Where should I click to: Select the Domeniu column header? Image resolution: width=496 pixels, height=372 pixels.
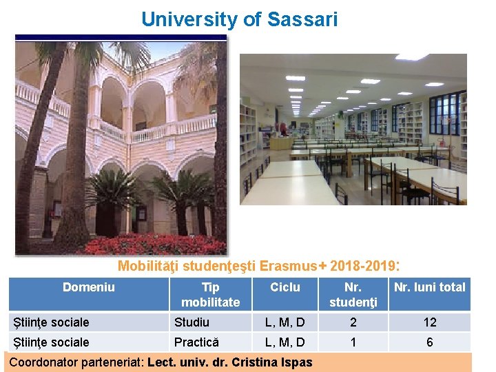[88, 287]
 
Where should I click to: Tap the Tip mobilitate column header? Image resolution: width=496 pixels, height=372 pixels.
[210, 294]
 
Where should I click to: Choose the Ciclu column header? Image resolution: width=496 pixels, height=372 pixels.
[285, 287]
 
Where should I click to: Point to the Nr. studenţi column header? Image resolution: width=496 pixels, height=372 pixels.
[353, 294]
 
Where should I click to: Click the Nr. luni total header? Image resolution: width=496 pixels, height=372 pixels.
[429, 287]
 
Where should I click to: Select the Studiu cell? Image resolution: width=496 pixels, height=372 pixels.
[192, 322]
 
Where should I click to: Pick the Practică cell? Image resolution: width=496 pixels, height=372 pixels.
[196, 342]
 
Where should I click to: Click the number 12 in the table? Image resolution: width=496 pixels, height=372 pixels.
[429, 322]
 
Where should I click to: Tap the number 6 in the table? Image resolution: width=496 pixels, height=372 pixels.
[429, 342]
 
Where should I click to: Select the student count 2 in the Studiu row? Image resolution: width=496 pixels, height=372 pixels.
[353, 322]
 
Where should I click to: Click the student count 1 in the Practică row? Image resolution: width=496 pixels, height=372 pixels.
[353, 342]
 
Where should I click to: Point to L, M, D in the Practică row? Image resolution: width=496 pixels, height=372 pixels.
[285, 342]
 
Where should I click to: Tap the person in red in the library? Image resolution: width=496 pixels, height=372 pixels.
[283, 129]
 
